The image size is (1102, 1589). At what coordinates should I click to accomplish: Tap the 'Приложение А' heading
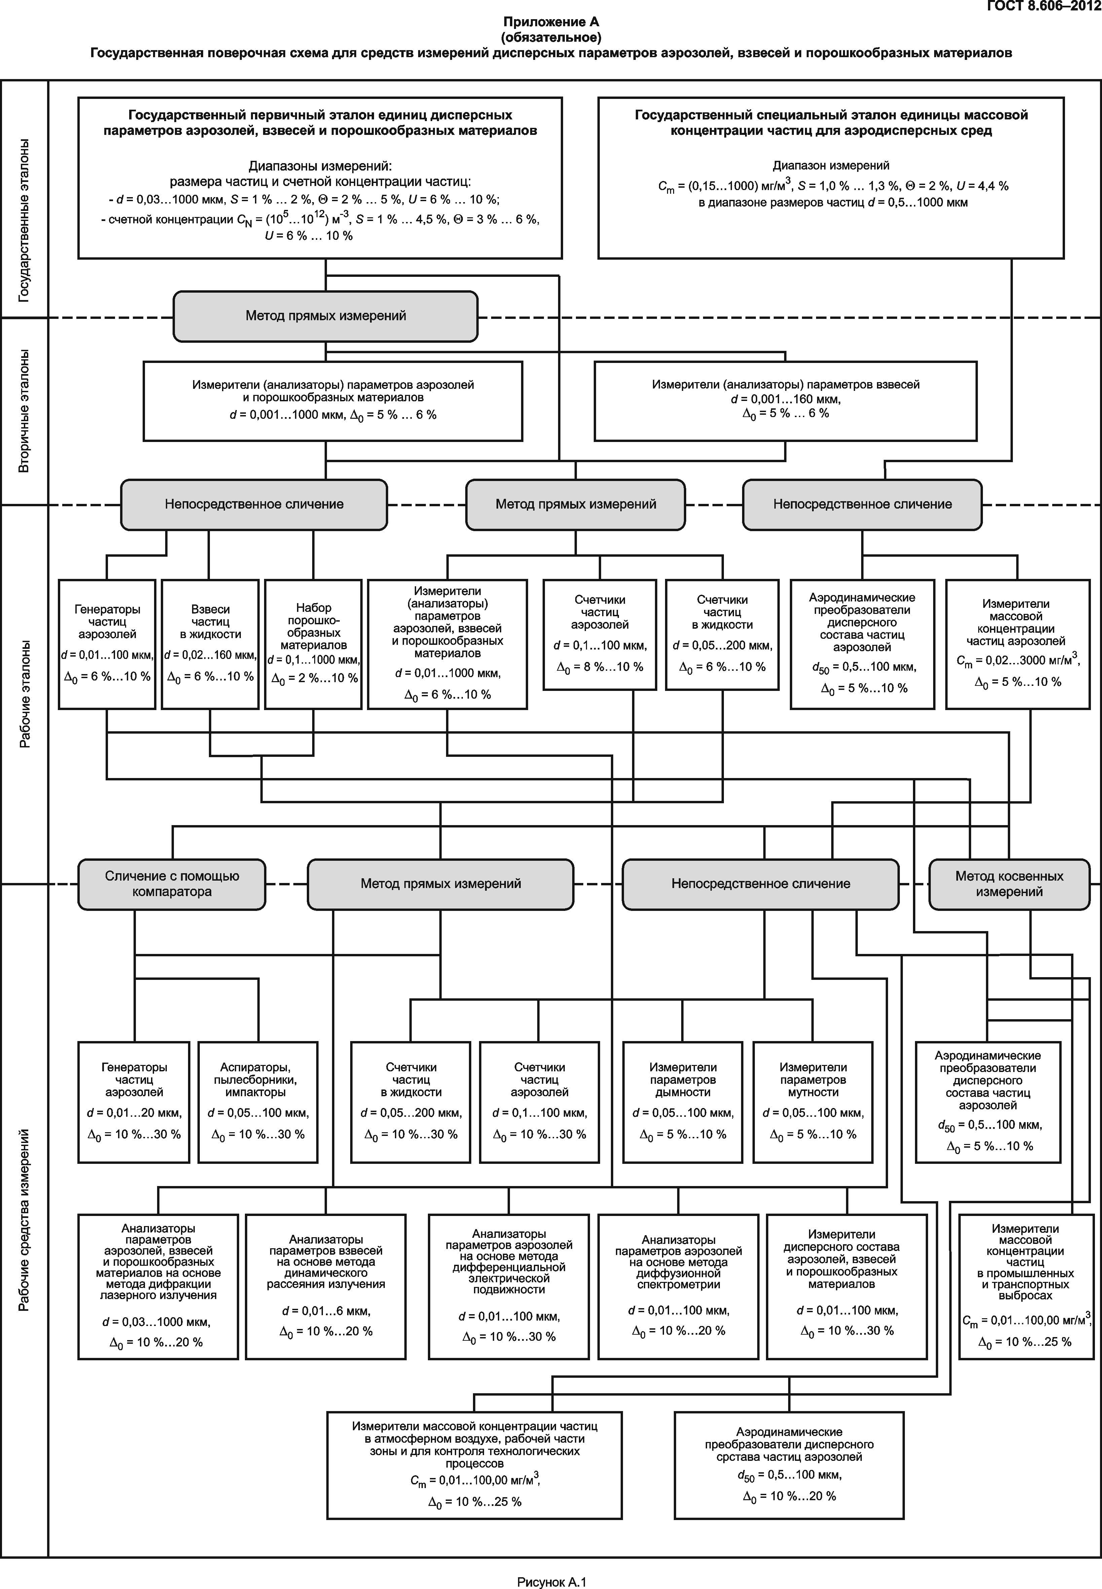tap(551, 22)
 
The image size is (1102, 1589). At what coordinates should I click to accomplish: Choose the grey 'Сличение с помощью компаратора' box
tap(172, 884)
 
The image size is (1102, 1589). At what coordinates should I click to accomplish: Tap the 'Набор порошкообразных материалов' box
tap(314, 644)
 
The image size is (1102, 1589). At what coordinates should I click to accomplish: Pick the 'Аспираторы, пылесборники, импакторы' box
tap(258, 1102)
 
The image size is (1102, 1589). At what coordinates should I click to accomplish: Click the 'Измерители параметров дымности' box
tap(683, 1102)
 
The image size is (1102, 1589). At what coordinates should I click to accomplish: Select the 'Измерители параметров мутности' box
tap(813, 1102)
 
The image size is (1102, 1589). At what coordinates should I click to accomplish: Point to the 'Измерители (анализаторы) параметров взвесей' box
tap(786, 401)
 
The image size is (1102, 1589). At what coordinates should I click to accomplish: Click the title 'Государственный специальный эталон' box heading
tap(831, 122)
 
